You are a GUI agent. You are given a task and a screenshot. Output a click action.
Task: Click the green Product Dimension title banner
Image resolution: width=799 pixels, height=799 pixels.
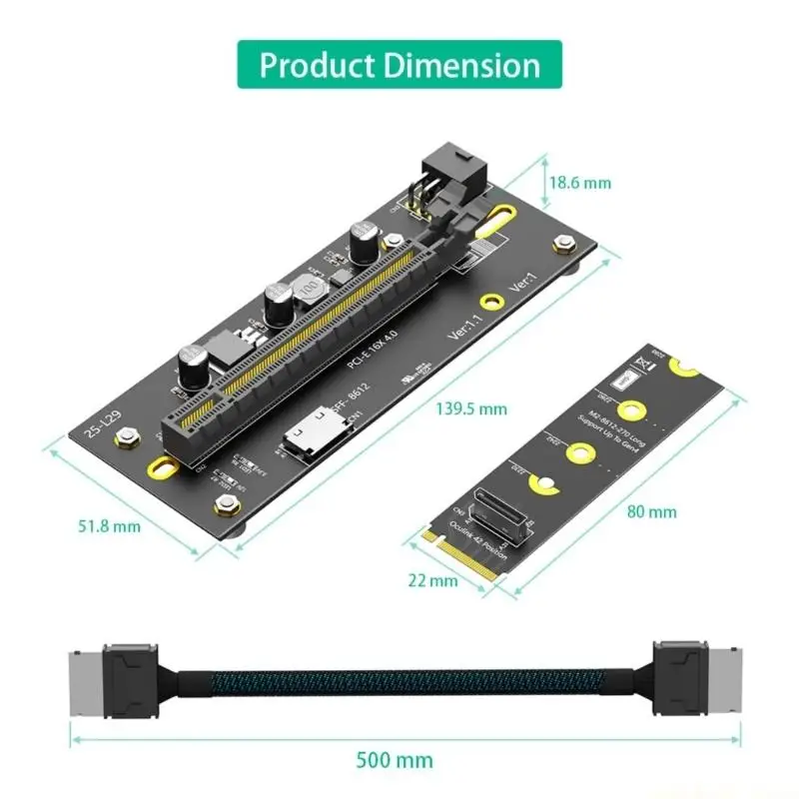[399, 65]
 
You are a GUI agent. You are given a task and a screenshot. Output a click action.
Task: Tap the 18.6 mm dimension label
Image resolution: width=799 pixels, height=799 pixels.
[578, 183]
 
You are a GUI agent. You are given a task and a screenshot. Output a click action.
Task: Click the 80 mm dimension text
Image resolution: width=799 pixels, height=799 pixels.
[651, 511]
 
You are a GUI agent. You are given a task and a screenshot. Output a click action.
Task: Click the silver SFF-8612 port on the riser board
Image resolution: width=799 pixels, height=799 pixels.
[306, 435]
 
